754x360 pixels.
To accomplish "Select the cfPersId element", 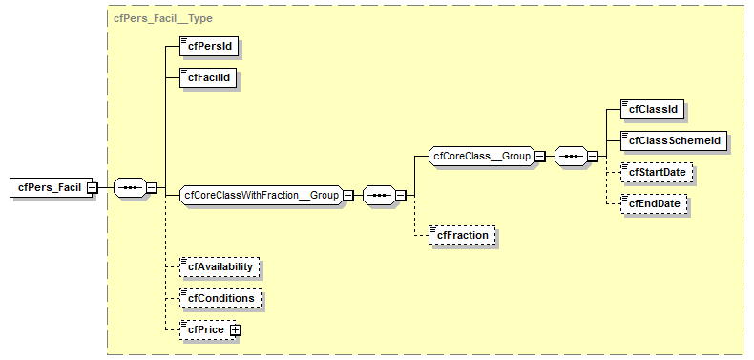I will click(x=209, y=45).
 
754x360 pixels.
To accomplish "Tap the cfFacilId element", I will click(x=209, y=77).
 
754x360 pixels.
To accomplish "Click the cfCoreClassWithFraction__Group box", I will click(x=261, y=195).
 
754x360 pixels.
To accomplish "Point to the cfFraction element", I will click(x=463, y=234).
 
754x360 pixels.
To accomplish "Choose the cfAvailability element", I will click(x=220, y=266).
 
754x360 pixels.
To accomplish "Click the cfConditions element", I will click(x=220, y=298).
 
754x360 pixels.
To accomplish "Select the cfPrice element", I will click(x=204, y=329).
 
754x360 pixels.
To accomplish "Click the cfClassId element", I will click(x=652, y=109).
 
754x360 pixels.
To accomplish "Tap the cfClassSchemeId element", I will click(x=672, y=140).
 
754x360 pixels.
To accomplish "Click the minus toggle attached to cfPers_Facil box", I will click(x=92, y=187).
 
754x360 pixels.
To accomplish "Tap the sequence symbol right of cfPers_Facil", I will click(x=129, y=187).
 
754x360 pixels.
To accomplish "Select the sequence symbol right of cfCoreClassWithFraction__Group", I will click(x=378, y=195).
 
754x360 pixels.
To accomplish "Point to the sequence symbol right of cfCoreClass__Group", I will click(x=569, y=156).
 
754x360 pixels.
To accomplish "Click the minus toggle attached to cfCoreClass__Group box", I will click(x=540, y=156).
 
